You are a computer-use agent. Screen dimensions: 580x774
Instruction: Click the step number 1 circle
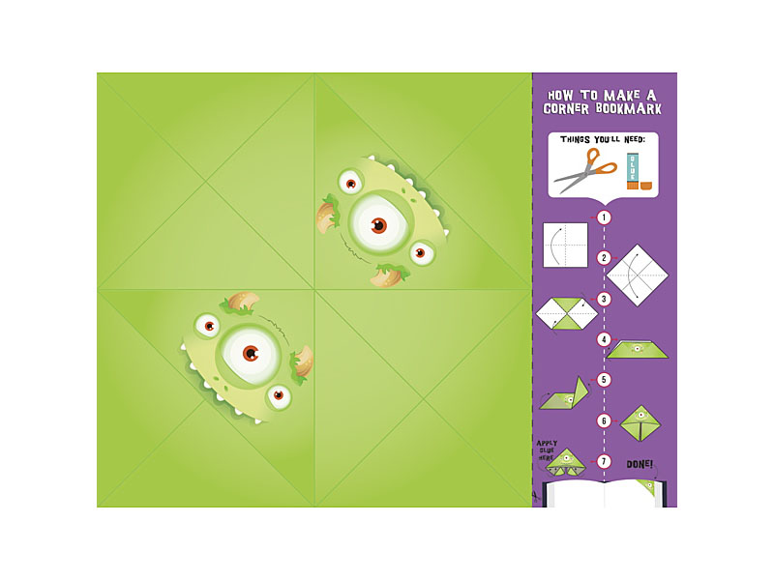(605, 217)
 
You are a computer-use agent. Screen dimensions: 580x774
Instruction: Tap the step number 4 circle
(605, 339)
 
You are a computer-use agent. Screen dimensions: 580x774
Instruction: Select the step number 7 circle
(605, 461)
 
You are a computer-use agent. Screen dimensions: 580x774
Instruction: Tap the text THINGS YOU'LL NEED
(604, 139)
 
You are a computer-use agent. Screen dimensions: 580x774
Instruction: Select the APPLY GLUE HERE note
(547, 450)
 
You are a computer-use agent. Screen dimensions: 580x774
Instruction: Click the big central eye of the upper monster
(378, 224)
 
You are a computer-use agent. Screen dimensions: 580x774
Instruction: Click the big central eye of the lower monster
(251, 352)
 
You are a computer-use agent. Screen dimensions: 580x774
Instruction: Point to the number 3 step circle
(605, 299)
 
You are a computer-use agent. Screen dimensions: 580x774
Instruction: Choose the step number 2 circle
(605, 258)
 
